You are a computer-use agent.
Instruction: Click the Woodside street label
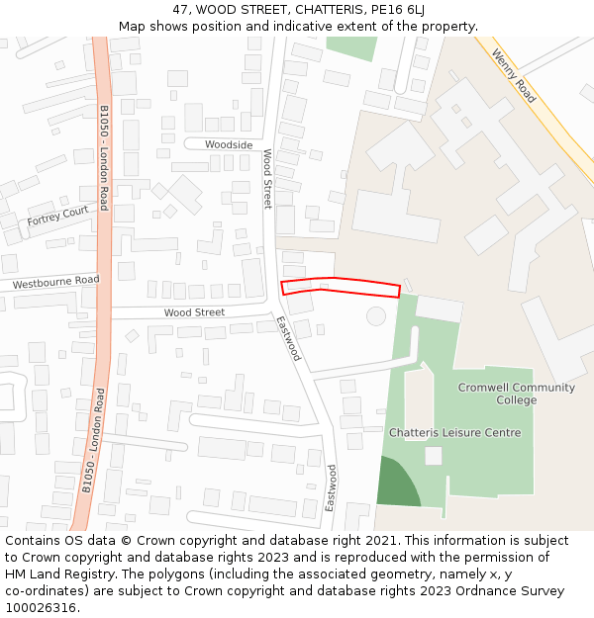coord(229,144)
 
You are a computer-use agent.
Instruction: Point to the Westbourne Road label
coord(56,282)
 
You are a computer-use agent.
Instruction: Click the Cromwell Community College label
coord(516,394)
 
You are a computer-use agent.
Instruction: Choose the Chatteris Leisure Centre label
coord(454,433)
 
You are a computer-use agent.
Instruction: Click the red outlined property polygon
coord(341,287)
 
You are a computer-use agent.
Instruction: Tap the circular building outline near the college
coord(376,316)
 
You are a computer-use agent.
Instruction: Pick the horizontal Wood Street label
coord(194,312)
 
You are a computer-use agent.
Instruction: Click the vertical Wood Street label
coord(267,179)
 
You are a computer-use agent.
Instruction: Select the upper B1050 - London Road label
coord(103,158)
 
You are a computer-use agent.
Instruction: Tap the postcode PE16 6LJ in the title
coord(397,10)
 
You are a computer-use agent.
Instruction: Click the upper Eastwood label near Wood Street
coord(288,338)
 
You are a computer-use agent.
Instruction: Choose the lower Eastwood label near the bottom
coord(332,487)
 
